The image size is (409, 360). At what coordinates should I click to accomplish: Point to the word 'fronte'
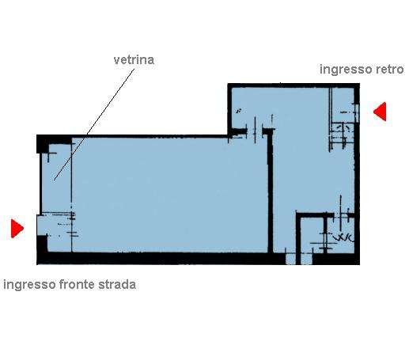(75, 285)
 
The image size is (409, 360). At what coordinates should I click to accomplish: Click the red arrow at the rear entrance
(380, 112)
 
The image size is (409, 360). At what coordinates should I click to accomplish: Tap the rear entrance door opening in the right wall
(358, 112)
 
